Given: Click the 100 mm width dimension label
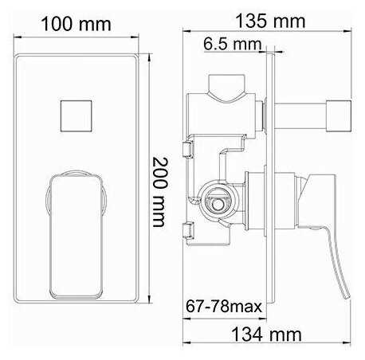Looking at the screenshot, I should [77, 24].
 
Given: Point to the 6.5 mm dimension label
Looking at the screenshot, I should [228, 44].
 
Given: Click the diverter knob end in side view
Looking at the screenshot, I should [341, 115].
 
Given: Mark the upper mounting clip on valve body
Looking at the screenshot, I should [189, 151].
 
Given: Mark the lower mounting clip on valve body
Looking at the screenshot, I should [189, 232].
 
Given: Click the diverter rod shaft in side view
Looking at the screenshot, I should [307, 115].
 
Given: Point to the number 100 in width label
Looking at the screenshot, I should [64, 24].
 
